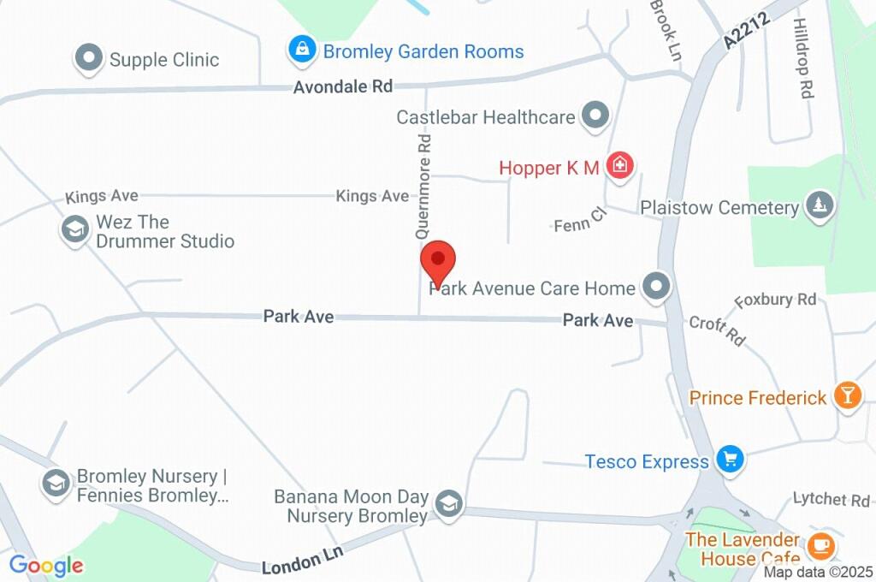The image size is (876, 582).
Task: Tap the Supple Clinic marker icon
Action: point(87,59)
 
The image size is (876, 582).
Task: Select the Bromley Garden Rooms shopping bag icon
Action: point(301,50)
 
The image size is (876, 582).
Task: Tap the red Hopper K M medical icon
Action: point(619,165)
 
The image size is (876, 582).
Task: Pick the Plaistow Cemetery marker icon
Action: point(820,206)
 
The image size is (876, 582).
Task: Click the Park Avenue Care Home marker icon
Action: point(656,288)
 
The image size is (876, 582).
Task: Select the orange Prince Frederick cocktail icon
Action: point(848,396)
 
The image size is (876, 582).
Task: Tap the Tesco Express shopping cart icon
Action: point(730,460)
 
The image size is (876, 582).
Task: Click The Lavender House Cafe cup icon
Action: point(822,545)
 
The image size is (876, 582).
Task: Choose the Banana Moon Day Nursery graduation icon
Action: point(447,505)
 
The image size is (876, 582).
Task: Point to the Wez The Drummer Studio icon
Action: point(75,229)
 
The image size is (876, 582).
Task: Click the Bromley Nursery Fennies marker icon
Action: point(56,484)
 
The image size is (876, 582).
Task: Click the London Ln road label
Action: point(302,561)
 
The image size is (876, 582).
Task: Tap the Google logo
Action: point(46,565)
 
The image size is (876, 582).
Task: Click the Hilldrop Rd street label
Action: point(802,58)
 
